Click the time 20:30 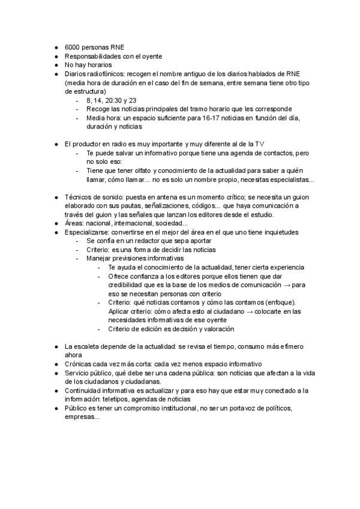coord(112,100)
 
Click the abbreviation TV coord(260,145)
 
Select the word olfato coord(137,170)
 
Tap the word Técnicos coord(78,197)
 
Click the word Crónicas coord(79,364)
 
